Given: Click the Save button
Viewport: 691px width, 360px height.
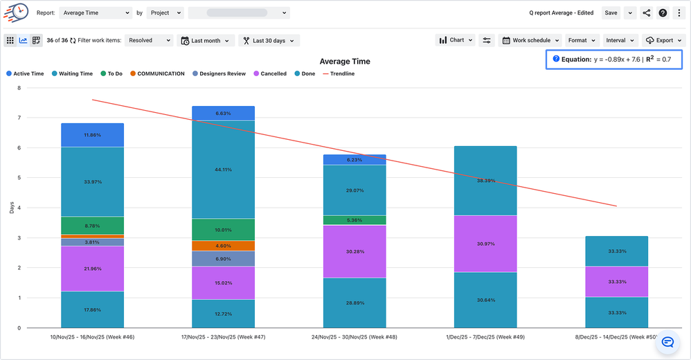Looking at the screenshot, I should pos(610,13).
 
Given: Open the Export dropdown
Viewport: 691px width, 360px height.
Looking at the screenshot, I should pos(663,40).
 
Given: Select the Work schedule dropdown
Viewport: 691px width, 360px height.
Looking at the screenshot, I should pos(530,40).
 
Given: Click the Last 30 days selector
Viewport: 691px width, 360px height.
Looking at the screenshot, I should pos(269,41).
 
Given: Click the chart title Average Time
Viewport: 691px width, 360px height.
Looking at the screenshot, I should pos(345,62).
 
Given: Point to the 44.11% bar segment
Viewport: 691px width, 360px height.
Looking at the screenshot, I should pos(223,170).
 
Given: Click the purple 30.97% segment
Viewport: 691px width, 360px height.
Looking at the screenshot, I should pos(485,244).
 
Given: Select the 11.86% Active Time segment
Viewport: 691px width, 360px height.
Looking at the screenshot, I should pos(92,135).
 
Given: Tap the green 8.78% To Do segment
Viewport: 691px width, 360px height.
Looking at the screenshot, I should pos(92,226).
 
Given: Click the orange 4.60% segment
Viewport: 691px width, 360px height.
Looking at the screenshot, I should pos(223,246).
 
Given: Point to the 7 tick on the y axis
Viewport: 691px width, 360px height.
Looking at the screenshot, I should pos(19,118).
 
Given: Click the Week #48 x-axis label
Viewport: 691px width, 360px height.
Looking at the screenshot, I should pos(355,337).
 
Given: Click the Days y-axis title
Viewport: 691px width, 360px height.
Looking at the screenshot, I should pos(11,208).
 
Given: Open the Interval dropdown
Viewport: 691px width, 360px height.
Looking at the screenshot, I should pos(620,40).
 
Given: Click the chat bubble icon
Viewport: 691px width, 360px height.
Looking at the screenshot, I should pos(667,342).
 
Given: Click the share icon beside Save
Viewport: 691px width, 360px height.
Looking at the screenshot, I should pos(647,13).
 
